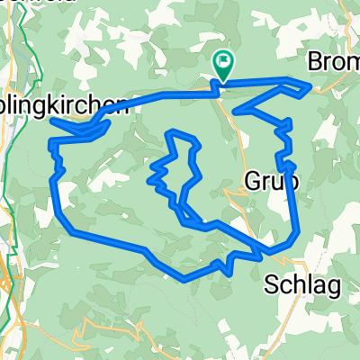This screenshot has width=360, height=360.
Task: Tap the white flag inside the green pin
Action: click(222, 61)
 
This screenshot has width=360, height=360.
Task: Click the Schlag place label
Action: click(302, 286)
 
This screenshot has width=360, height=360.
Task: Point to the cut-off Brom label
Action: click(333, 63)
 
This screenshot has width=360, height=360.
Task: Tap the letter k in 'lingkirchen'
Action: click(62, 105)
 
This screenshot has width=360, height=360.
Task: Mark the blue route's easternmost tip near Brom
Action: click(310, 87)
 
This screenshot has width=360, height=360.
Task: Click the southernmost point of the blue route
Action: click(184, 279)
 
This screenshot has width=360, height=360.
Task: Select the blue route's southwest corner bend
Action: click(70, 230)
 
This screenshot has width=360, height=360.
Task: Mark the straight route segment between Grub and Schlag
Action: click(294, 202)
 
